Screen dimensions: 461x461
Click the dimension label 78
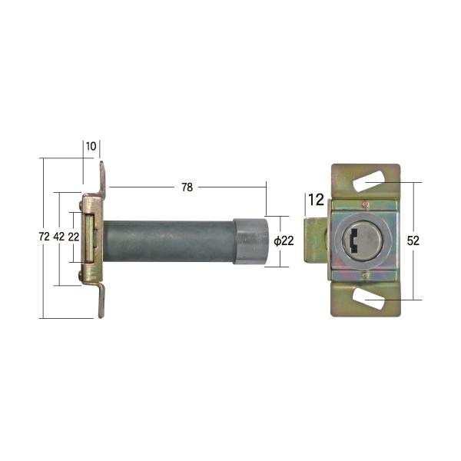[187, 187]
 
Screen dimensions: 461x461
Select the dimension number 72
[44, 237]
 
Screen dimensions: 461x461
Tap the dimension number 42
[59, 237]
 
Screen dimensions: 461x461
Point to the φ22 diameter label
[284, 241]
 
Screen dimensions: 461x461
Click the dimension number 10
[91, 146]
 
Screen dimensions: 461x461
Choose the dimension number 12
[317, 200]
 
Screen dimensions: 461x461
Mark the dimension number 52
[413, 240]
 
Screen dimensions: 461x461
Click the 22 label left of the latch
[74, 237]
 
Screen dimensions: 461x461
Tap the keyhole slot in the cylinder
[354, 241]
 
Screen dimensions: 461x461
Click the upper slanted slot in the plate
[368, 181]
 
